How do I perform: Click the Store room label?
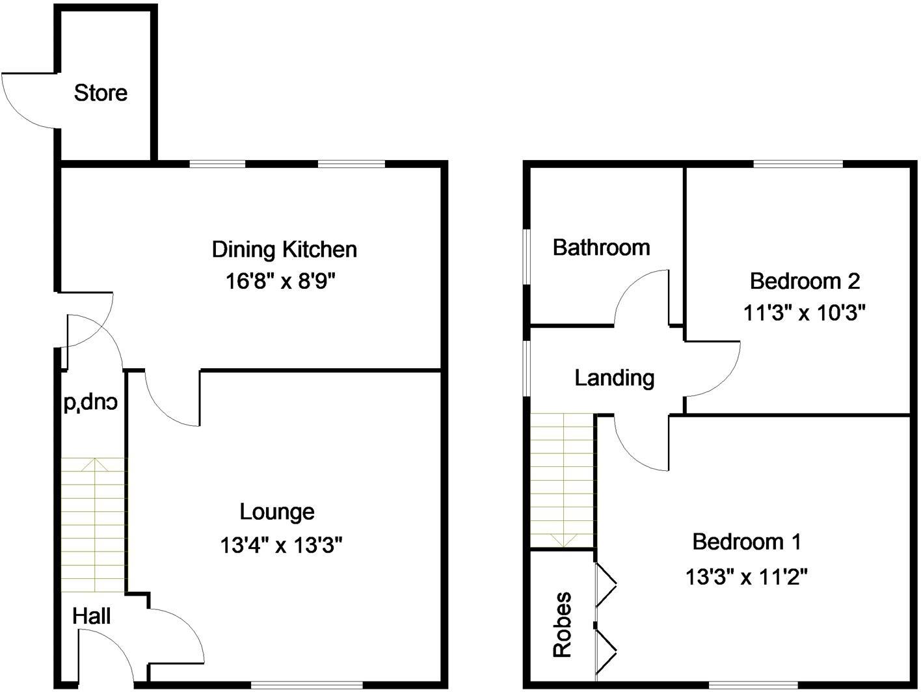[100, 93]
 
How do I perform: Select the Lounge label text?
[277, 512]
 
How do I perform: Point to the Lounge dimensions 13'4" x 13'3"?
[280, 544]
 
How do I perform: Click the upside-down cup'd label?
[90, 403]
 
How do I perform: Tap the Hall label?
[91, 616]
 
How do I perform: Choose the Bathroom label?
[601, 247]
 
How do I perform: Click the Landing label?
[614, 377]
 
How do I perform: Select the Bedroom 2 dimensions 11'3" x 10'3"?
[804, 313]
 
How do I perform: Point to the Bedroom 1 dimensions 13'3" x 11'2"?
[746, 576]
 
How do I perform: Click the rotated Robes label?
[562, 624]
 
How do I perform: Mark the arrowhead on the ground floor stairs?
[95, 463]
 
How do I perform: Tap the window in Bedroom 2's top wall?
[798, 163]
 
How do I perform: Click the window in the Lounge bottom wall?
[306, 684]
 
